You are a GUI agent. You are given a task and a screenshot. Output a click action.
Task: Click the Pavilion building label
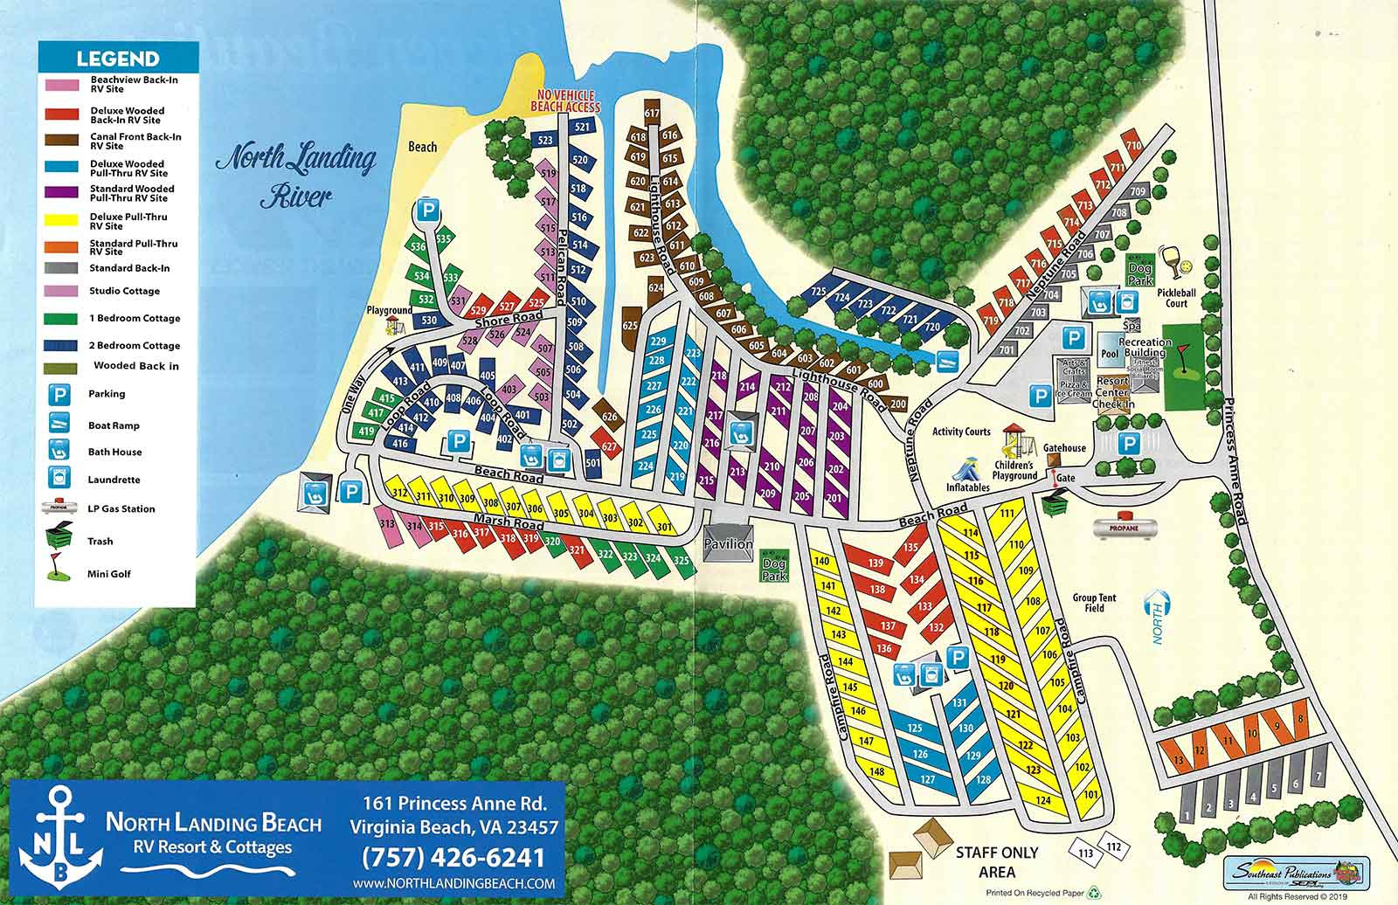click(x=728, y=543)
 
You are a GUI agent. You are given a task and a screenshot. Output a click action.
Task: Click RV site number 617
click(x=651, y=114)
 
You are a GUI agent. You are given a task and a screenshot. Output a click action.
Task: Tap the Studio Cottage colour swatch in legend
click(x=64, y=291)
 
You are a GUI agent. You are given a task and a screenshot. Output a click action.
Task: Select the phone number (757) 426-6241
click(x=453, y=857)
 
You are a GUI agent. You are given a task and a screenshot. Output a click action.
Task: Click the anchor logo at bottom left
click(x=55, y=836)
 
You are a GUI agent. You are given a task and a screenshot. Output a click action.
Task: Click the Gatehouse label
click(x=1064, y=448)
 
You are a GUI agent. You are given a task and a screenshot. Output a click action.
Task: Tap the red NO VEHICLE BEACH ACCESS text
click(x=566, y=101)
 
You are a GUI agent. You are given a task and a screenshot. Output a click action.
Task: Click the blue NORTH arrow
click(x=1159, y=616)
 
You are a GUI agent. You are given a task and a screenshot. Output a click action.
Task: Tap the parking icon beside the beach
click(x=426, y=210)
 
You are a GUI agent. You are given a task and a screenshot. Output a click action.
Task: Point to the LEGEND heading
click(x=117, y=59)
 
